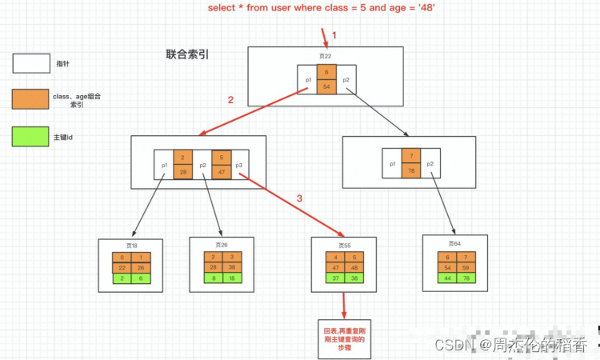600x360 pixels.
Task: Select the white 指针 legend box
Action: pos(31,63)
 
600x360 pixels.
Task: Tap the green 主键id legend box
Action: pos(31,137)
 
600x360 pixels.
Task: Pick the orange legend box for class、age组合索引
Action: pos(31,100)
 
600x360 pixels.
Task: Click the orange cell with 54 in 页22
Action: pos(327,87)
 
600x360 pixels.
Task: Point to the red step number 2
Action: pos(231,101)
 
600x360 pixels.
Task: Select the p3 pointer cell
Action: pos(239,165)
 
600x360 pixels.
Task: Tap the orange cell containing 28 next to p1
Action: pos(183,172)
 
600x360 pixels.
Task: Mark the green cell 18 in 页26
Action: pos(232,278)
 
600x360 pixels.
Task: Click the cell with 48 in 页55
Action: pos(353,268)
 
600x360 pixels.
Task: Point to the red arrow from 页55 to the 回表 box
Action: pos(344,304)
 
